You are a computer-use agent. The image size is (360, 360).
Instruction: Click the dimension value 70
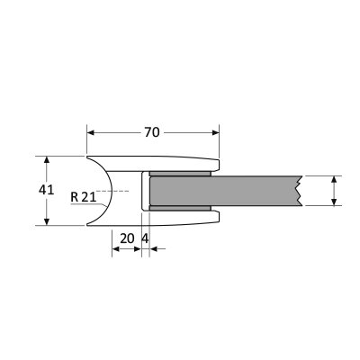(x=152, y=132)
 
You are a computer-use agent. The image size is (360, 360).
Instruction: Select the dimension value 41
(x=46, y=190)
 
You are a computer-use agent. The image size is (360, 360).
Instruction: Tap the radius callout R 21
(x=84, y=197)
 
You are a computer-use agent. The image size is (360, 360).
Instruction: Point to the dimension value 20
(x=127, y=238)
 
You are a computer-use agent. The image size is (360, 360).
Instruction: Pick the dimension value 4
(x=145, y=238)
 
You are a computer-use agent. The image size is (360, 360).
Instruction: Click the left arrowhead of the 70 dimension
(x=91, y=132)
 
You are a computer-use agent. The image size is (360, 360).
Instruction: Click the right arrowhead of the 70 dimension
(x=216, y=132)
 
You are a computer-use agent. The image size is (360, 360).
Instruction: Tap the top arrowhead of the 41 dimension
(x=46, y=160)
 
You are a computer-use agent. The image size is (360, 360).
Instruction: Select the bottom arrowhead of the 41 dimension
(x=46, y=221)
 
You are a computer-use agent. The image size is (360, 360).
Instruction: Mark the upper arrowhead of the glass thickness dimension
(x=334, y=179)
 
